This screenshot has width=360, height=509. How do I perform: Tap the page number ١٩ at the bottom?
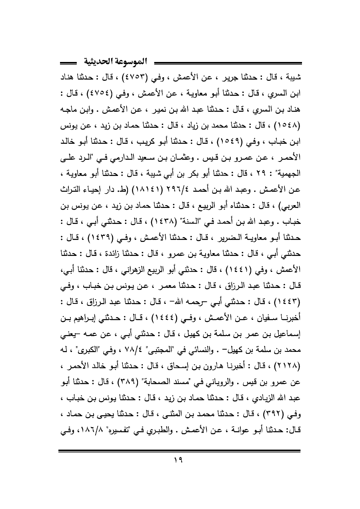(180, 468)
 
